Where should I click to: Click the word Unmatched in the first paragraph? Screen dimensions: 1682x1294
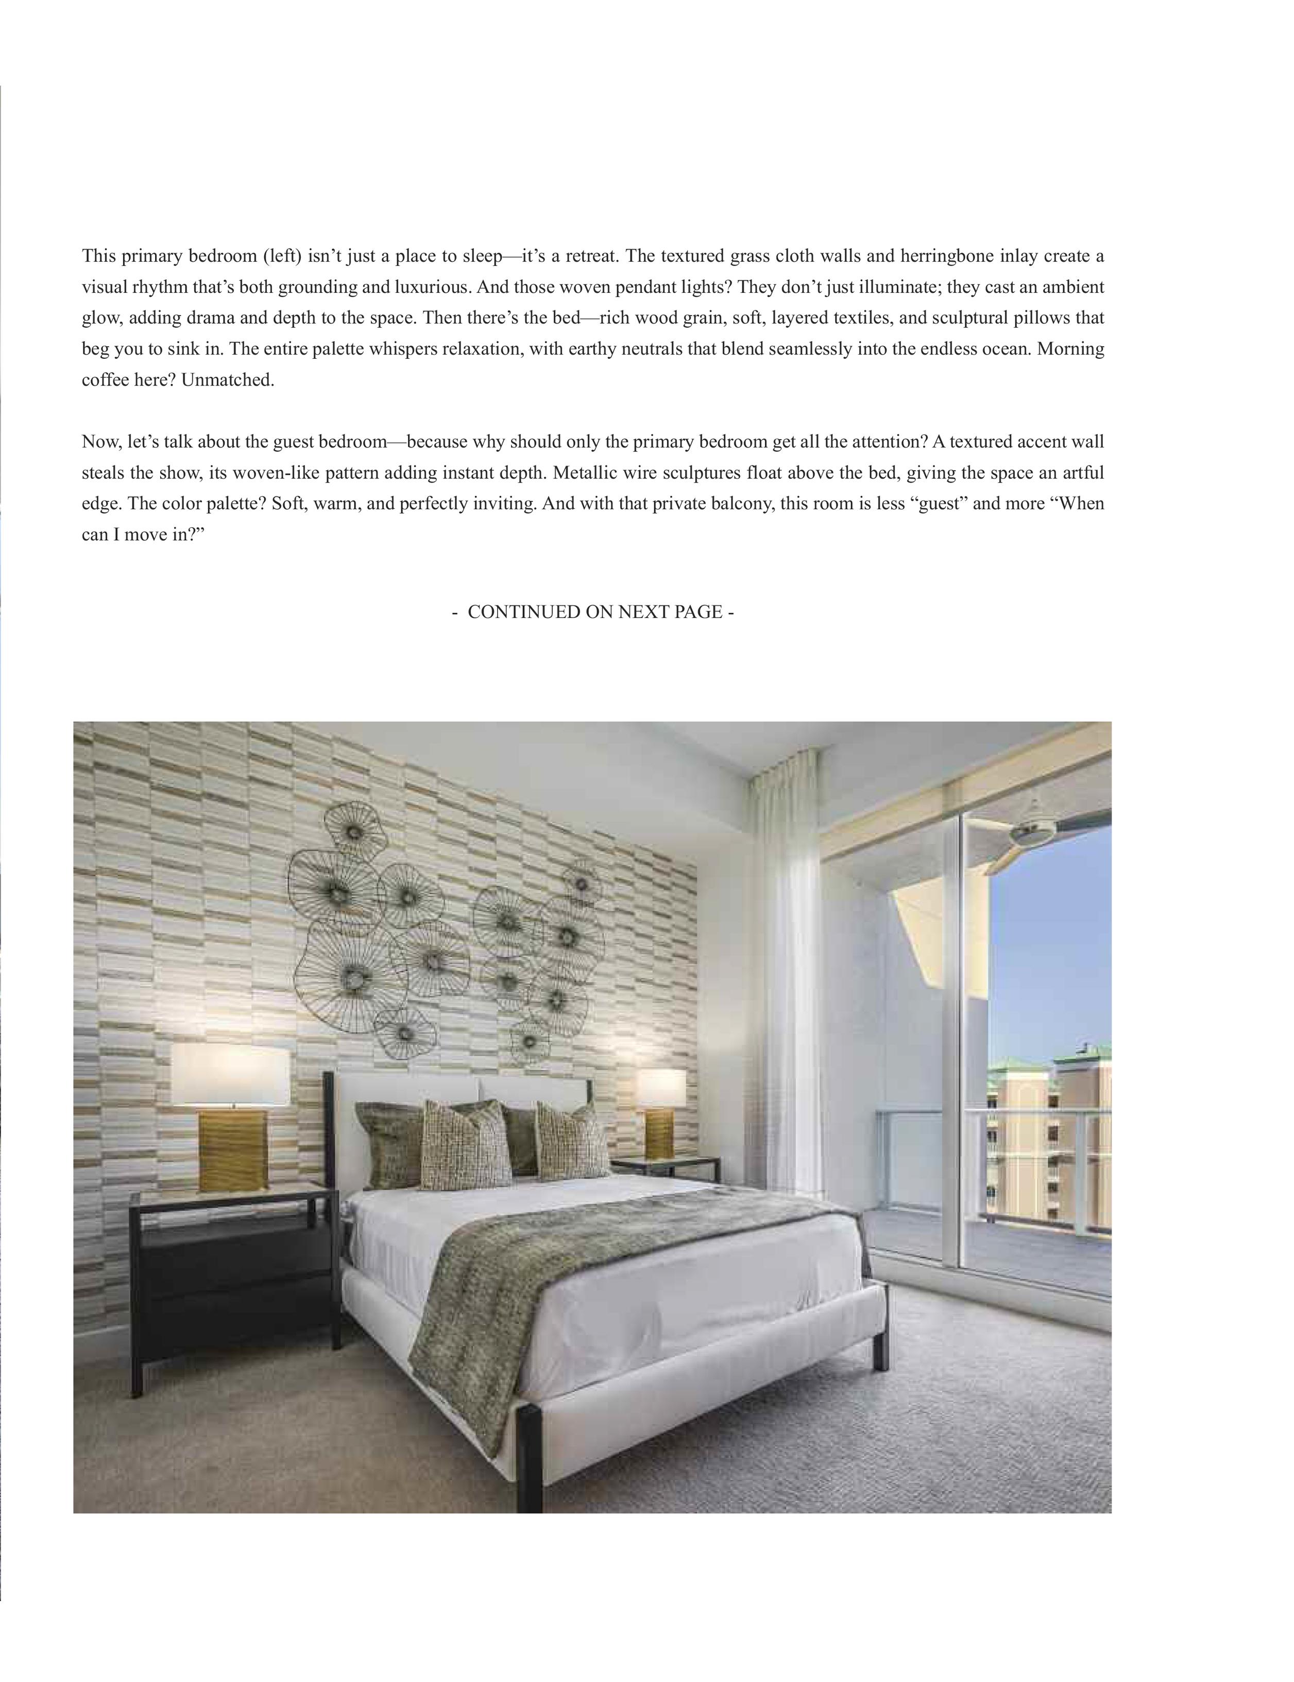point(228,380)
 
